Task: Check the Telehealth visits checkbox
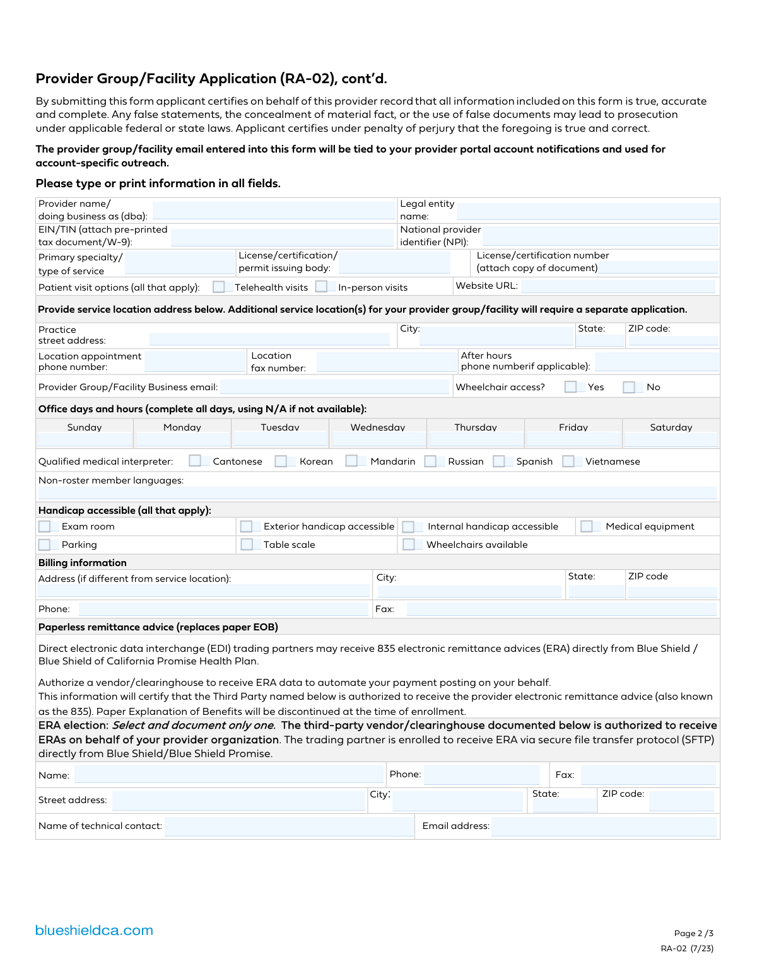pyautogui.click(x=219, y=287)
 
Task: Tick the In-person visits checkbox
pyautogui.click(x=322, y=287)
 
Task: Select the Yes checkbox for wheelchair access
pyautogui.click(x=571, y=387)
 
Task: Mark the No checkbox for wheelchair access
pyautogui.click(x=629, y=387)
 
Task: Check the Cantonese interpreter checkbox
pyautogui.click(x=196, y=461)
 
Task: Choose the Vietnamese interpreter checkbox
pyautogui.click(x=568, y=461)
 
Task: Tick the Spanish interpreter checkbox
pyautogui.click(x=499, y=461)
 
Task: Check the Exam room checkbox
pyautogui.click(x=45, y=526)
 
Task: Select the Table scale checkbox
pyautogui.click(x=247, y=544)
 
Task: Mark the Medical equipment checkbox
pyautogui.click(x=587, y=526)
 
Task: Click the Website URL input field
pyautogui.click(x=618, y=286)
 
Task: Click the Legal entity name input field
pyautogui.click(x=587, y=211)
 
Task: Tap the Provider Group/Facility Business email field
pyautogui.click(x=334, y=386)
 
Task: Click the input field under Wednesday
pyautogui.click(x=378, y=439)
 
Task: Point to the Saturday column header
pyautogui.click(x=671, y=427)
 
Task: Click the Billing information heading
pyautogui.click(x=83, y=563)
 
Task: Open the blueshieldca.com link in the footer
pyautogui.click(x=94, y=930)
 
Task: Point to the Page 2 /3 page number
pyautogui.click(x=693, y=934)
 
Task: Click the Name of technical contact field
pyautogui.click(x=289, y=826)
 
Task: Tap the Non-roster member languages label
pyautogui.click(x=111, y=480)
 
